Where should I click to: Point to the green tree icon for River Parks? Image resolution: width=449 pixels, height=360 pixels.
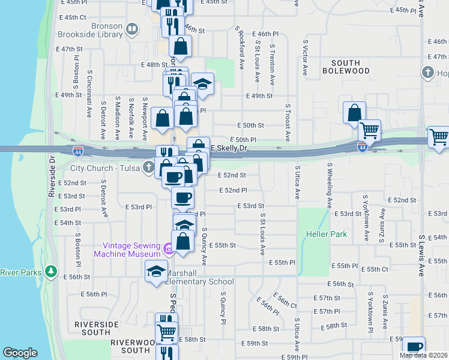click(51, 272)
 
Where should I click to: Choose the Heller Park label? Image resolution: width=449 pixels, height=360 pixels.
click(327, 234)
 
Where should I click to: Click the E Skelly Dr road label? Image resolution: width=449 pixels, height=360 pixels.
click(228, 148)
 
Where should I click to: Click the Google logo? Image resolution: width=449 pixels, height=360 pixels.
click(20, 353)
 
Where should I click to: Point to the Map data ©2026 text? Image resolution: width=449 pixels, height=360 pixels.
click(424, 355)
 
